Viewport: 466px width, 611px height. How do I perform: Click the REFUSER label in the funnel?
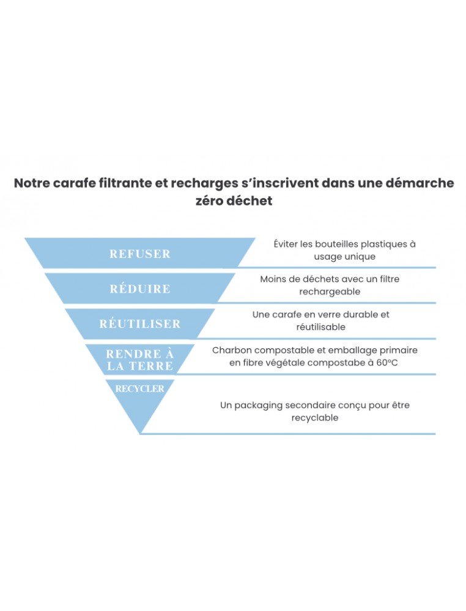(140, 254)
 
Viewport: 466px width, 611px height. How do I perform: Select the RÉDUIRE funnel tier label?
(140, 289)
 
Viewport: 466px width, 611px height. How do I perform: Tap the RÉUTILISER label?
(140, 324)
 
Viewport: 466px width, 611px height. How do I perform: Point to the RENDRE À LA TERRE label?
(140, 360)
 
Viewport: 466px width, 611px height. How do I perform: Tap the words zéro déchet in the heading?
(233, 201)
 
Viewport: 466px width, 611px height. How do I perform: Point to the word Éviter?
(287, 244)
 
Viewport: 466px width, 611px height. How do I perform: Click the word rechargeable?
(330, 291)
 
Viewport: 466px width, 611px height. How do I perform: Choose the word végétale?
(284, 362)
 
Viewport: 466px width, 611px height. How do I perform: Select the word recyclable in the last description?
(315, 417)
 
